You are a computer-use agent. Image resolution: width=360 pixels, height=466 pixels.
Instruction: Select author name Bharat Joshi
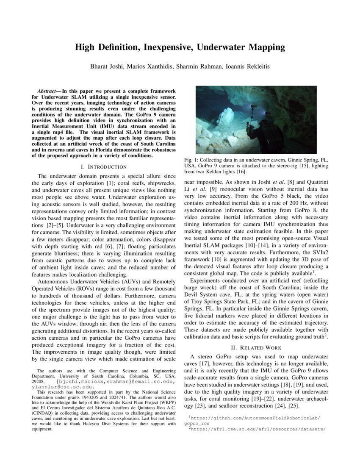(x=106, y=67)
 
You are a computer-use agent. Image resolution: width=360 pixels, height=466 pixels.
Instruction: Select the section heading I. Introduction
(x=104, y=167)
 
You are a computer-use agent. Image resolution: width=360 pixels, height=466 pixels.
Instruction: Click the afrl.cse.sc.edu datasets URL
(x=258, y=429)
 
